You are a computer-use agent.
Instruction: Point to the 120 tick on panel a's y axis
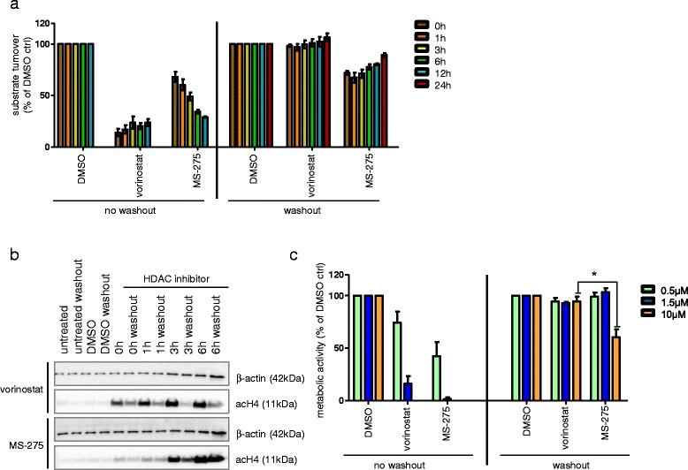[41, 19]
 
